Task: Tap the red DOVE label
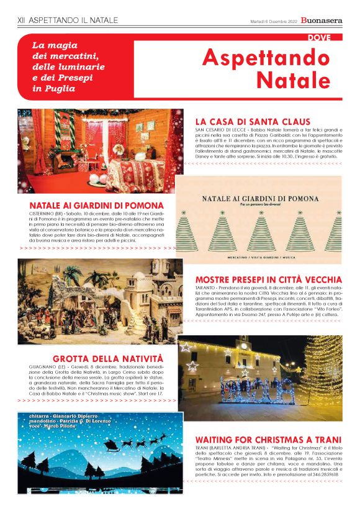click(323, 38)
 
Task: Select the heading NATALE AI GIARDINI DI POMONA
click(96, 205)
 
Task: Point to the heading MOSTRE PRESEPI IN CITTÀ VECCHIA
click(268, 279)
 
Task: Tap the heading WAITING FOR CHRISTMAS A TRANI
click(268, 438)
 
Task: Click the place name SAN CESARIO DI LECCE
click(218, 130)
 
